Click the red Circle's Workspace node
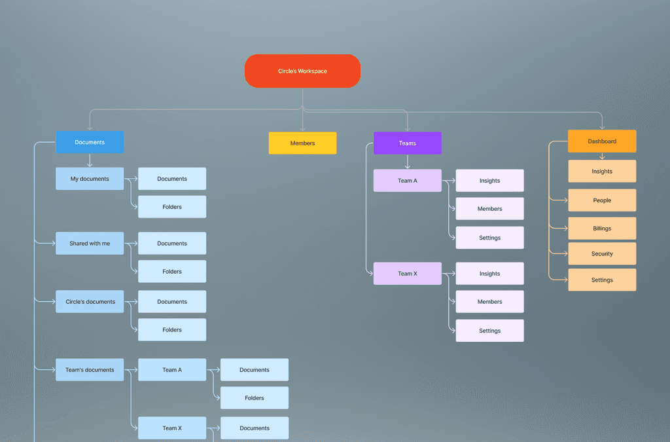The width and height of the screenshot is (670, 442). [302, 71]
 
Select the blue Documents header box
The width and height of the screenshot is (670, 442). [90, 142]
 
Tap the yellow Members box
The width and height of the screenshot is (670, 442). [302, 143]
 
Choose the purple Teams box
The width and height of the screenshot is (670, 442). [407, 143]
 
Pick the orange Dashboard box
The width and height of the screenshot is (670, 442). [602, 141]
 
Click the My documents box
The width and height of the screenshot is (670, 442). [90, 179]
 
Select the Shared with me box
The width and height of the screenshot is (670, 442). [90, 244]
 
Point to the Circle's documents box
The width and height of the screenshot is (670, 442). [90, 302]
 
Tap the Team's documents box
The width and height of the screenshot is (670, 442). [90, 370]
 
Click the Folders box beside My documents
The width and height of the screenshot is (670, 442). [172, 207]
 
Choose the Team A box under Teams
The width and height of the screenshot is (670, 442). [407, 181]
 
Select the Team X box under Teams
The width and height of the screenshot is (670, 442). [407, 274]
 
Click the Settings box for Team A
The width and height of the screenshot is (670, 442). [489, 238]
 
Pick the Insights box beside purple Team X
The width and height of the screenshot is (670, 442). [489, 274]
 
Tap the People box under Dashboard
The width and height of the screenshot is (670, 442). [602, 200]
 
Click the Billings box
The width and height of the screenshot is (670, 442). [602, 229]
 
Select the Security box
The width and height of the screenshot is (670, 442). [602, 253]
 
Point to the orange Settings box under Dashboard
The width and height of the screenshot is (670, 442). [602, 280]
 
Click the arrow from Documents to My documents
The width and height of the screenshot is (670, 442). [90, 160]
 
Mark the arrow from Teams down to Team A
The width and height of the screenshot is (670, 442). [407, 162]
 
